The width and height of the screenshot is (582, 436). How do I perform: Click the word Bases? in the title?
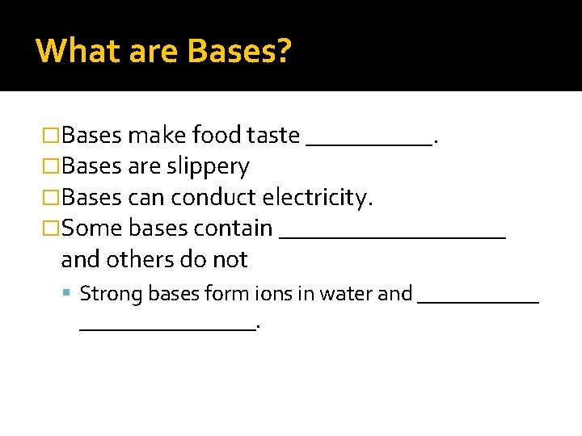pyautogui.click(x=238, y=51)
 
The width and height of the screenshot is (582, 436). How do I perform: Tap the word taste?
pyautogui.click(x=273, y=135)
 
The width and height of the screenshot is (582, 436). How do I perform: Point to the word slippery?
pyautogui.click(x=208, y=166)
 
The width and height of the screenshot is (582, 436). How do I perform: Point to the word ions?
pyautogui.click(x=274, y=293)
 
